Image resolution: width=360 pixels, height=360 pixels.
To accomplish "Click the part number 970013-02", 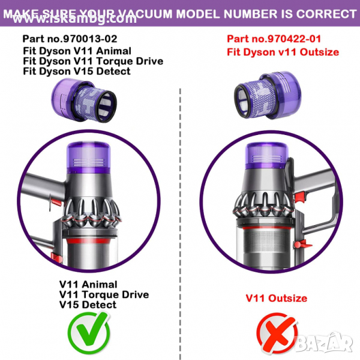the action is click(x=90, y=38).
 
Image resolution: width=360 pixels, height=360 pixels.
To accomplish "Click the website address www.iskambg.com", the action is click(x=74, y=19).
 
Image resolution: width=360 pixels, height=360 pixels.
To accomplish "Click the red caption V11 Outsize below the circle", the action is click(x=277, y=298).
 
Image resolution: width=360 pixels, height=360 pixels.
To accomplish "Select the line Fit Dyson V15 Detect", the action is click(x=77, y=71).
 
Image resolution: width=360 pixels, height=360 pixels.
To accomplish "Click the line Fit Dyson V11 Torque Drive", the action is click(x=93, y=61).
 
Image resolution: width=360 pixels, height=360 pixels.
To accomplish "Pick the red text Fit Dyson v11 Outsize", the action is click(x=283, y=52).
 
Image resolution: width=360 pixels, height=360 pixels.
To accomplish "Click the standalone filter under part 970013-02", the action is click(x=84, y=100).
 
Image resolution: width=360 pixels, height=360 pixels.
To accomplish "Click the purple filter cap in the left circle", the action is click(x=89, y=157).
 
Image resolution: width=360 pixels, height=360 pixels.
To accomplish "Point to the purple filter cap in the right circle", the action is click(x=266, y=155).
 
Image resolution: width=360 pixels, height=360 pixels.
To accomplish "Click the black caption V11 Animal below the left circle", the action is click(x=88, y=284).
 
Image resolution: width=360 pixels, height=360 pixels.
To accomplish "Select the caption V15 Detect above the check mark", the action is click(x=88, y=305).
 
